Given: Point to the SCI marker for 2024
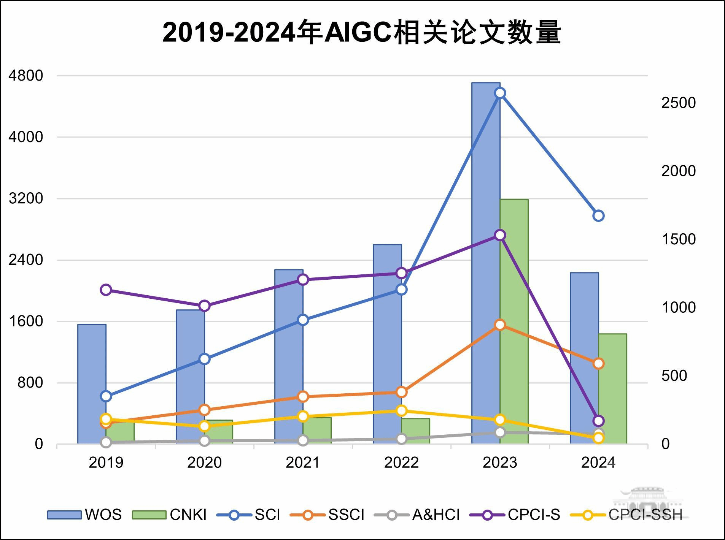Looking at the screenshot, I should click(598, 216).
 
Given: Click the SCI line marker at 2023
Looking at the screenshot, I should click(500, 93).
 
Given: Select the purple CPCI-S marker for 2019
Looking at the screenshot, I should click(106, 290).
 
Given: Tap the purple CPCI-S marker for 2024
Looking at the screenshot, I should click(598, 421).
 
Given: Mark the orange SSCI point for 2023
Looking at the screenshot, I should click(500, 325).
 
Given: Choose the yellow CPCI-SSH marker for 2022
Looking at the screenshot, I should click(402, 411).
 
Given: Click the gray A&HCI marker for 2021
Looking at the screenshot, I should click(303, 440).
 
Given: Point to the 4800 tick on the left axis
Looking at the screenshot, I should click(26, 76).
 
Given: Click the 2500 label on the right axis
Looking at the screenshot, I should click(678, 103).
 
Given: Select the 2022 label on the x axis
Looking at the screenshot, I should click(401, 462).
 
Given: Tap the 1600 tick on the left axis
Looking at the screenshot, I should click(26, 321).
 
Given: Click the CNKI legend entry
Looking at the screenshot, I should click(170, 515).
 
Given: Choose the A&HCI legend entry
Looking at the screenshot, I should click(417, 515).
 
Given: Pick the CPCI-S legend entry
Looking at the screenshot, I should click(515, 515).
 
